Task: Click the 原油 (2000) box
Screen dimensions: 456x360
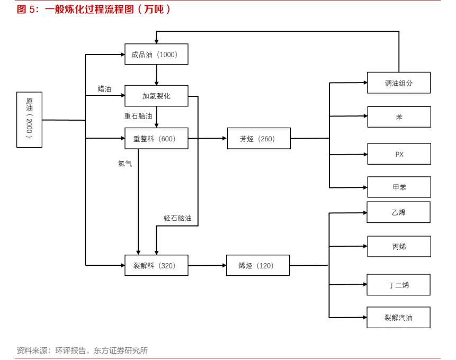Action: (29, 120)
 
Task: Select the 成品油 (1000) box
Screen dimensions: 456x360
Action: (156, 54)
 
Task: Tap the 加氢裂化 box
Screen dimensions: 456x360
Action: (156, 96)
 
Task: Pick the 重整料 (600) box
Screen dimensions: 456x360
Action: (156, 138)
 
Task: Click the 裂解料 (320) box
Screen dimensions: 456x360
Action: (156, 265)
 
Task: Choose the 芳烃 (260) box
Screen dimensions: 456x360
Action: (259, 138)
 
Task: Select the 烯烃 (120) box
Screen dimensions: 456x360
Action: (258, 265)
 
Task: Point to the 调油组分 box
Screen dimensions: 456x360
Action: (399, 83)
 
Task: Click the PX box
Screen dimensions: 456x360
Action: (399, 154)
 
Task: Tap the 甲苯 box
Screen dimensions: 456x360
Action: (399, 187)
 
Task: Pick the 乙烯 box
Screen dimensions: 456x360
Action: (398, 212)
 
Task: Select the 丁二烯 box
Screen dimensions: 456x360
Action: (398, 285)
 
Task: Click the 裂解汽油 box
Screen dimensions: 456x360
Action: (398, 318)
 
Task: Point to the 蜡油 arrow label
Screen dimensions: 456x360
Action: (104, 89)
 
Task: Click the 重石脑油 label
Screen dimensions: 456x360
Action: (138, 116)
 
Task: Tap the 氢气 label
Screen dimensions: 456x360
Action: (125, 164)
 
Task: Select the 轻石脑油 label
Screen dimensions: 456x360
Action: (177, 218)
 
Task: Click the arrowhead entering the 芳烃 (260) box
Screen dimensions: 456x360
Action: (225, 138)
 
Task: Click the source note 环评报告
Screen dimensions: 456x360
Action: (70, 350)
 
